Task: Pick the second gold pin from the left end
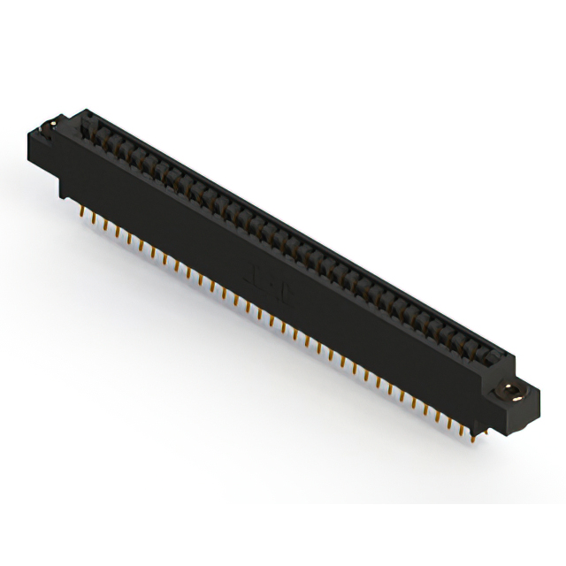coord(94,218)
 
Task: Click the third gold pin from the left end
coord(105,226)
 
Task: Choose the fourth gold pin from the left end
coord(117,233)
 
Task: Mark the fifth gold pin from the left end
coord(129,239)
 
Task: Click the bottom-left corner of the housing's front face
coord(60,196)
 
